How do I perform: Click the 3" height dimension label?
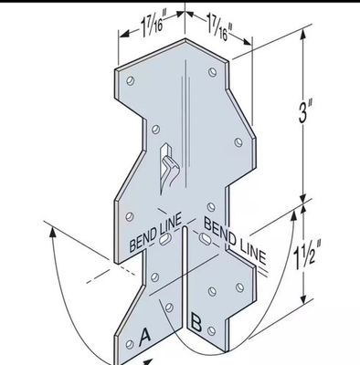(x=306, y=111)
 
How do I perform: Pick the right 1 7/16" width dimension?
(x=218, y=26)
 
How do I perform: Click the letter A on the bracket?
(x=144, y=338)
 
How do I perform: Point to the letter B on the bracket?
(x=196, y=323)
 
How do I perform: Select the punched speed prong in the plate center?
(x=168, y=170)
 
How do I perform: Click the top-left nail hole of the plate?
(x=131, y=81)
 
